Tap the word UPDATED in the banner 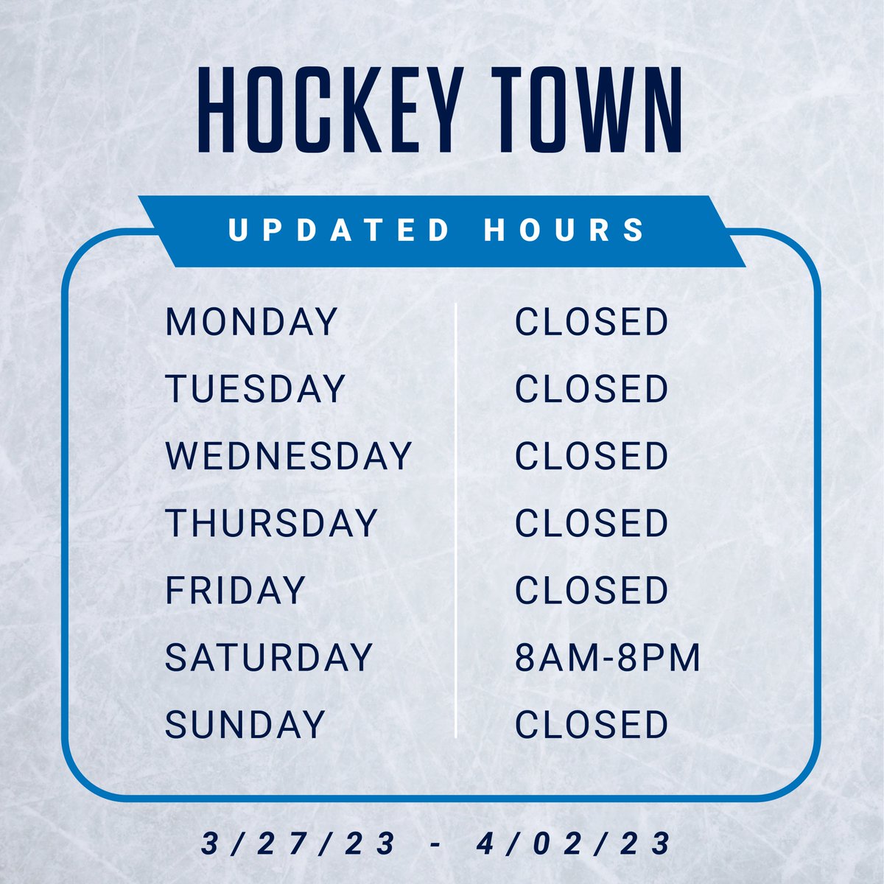pos(340,230)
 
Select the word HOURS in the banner pos(565,230)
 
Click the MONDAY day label pos(251,322)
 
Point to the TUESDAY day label pos(255,389)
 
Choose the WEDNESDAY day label pos(288,456)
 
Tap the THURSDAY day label pos(271,523)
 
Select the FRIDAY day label pos(235,590)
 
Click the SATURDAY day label pos(268,657)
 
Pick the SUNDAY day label pos(245,724)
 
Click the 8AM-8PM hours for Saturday pos(607,657)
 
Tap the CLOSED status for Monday pos(592,322)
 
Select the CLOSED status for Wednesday pos(592,456)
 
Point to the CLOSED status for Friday pos(592,590)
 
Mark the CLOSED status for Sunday pos(592,724)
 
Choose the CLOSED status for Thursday pos(592,523)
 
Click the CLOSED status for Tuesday pos(592,389)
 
